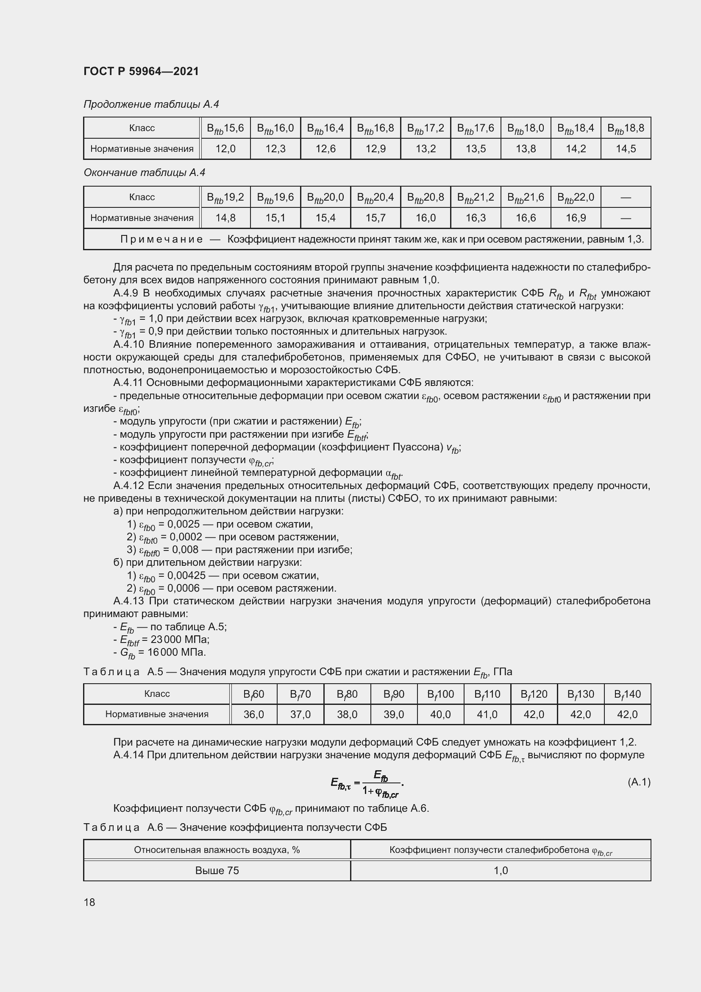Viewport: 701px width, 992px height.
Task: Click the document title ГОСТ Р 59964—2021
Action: [141, 71]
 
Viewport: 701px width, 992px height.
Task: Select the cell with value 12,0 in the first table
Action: [225, 149]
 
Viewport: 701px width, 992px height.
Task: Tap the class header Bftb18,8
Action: [626, 129]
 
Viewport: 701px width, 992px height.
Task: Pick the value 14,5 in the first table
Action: [626, 149]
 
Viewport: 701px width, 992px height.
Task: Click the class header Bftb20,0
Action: [325, 198]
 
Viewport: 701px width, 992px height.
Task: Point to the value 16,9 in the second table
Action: [576, 218]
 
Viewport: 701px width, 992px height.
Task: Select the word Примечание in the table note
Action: [161, 239]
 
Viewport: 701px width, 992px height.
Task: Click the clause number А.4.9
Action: [125, 293]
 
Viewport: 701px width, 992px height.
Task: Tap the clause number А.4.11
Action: [128, 383]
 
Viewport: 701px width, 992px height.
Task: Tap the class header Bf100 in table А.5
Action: [440, 694]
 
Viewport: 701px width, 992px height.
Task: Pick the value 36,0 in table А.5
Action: [253, 715]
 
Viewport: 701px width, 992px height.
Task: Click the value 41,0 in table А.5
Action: [487, 715]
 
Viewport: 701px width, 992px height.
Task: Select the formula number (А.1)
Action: [638, 782]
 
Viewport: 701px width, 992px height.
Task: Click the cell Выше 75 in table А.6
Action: [217, 871]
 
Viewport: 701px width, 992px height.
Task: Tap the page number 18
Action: [89, 902]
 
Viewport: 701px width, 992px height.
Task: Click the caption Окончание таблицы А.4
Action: [144, 173]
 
